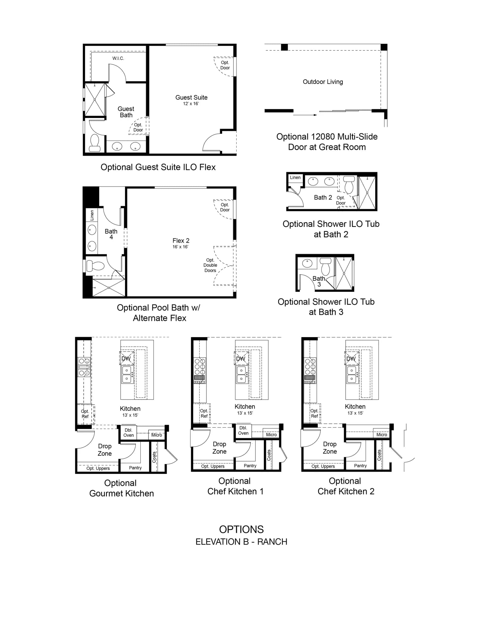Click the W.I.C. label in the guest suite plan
118,58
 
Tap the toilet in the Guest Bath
95,143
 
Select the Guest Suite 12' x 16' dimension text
191,104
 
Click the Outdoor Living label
323,82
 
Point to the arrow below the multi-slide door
305,115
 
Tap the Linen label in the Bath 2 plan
295,177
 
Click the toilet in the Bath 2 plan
349,184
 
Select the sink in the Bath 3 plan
307,263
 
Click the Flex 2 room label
181,241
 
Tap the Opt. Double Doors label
210,265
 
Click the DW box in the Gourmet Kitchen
126,358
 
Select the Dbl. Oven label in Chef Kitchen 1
243,430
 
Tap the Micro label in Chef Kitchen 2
382,435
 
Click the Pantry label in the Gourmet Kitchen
135,468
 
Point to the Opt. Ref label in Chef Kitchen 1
204,413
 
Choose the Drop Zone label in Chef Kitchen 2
330,448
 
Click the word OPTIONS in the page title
241,529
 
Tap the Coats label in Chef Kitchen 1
269,455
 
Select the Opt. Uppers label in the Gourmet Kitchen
98,468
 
